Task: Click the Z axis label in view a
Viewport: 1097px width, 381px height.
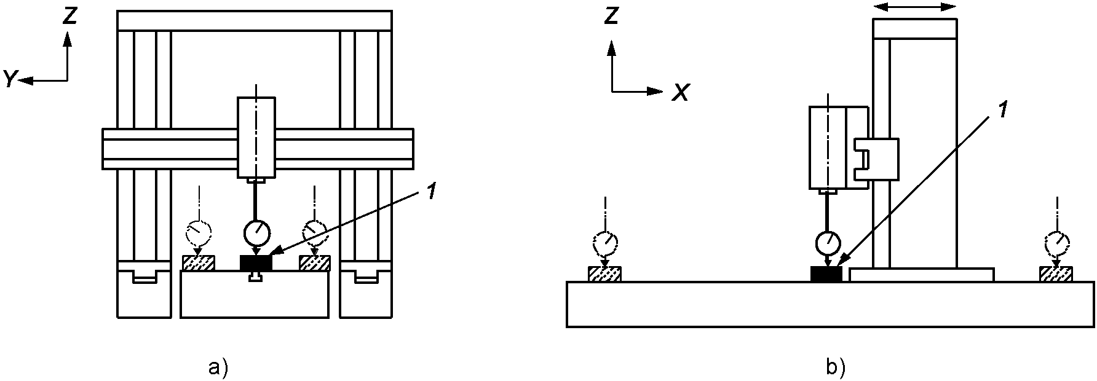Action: (69, 17)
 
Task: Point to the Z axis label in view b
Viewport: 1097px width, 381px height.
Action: (611, 17)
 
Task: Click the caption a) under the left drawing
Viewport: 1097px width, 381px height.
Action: (218, 367)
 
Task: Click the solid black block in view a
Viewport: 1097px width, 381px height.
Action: (255, 262)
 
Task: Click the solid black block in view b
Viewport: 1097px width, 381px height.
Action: (827, 274)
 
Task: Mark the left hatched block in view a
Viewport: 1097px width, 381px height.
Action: (199, 263)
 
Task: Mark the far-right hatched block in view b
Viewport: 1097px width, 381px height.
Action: (1056, 274)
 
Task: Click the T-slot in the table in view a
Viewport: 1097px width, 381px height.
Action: (255, 278)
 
